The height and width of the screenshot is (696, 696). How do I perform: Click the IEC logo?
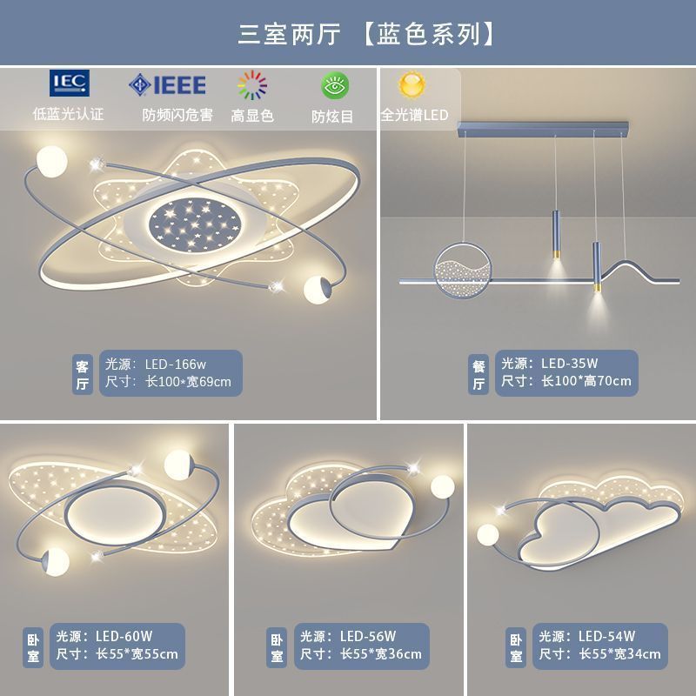(69, 84)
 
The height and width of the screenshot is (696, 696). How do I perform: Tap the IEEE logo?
(167, 84)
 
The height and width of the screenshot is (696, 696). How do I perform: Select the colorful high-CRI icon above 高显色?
(251, 85)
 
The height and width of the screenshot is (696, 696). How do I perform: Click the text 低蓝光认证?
(68, 114)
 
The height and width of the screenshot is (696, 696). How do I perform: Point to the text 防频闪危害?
(177, 115)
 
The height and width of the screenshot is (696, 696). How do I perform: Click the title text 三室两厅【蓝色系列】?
(369, 33)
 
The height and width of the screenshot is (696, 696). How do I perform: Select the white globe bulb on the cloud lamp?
(487, 534)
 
